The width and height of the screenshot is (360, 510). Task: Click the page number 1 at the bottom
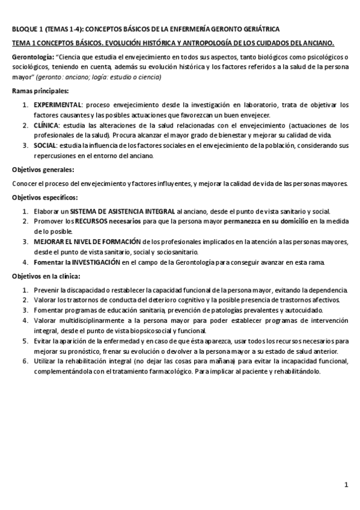pyautogui.click(x=346, y=485)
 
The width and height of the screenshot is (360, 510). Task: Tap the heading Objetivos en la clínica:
pyautogui.click(x=49, y=277)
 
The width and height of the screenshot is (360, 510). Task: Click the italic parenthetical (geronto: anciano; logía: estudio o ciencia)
pyautogui.click(x=112, y=77)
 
